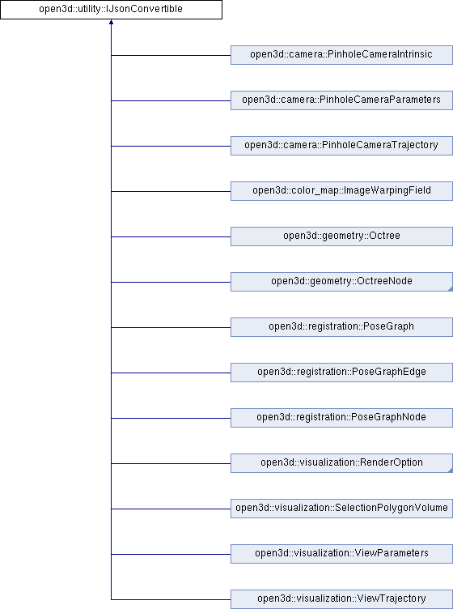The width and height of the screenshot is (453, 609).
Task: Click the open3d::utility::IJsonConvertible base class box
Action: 111,10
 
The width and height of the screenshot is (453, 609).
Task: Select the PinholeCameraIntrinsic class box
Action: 341,55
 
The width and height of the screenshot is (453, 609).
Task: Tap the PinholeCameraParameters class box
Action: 341,100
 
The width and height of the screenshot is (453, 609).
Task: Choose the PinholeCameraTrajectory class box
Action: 341,146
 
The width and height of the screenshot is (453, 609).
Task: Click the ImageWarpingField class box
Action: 341,191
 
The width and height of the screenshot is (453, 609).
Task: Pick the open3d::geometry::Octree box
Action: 341,236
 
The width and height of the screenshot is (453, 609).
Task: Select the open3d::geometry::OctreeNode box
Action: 341,282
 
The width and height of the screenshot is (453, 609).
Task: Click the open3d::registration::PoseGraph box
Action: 341,327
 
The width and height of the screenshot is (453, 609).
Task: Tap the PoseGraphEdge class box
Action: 341,373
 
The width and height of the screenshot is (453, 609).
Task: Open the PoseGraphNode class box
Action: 341,418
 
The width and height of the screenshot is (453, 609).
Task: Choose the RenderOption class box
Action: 341,463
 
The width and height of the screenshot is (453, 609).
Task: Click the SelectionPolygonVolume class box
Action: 341,509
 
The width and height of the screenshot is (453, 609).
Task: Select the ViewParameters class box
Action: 341,554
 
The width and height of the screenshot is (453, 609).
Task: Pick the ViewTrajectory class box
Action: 341,599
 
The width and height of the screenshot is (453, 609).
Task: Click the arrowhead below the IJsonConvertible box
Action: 112,22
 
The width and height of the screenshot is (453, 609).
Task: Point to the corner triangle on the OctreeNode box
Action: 451,289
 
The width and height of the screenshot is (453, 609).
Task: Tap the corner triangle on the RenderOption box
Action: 451,471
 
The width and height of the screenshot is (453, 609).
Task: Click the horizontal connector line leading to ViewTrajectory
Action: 171,599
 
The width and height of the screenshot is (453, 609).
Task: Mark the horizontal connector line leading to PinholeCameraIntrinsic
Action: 171,55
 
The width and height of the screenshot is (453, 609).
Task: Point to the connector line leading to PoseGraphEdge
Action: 171,373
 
